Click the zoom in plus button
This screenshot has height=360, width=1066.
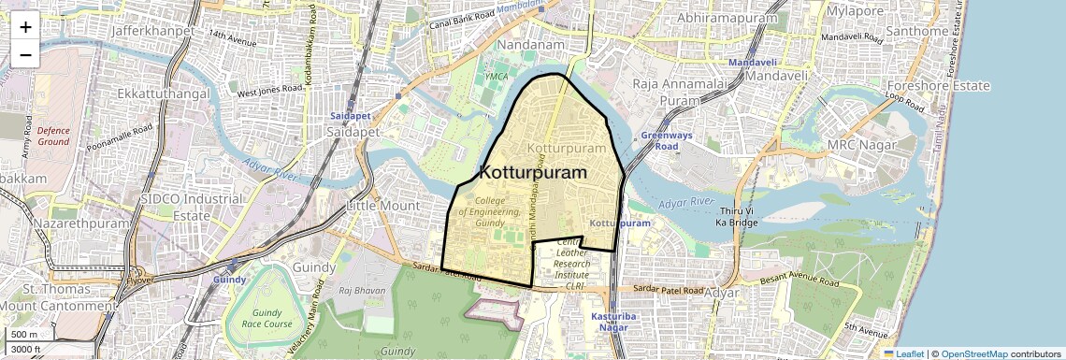[25, 26]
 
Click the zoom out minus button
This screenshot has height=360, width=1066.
[25, 54]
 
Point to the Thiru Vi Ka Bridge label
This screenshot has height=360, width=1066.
[735, 217]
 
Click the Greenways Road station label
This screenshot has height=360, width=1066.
[666, 141]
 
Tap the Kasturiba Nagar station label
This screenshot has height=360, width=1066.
[613, 323]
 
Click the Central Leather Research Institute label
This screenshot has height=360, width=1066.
[572, 264]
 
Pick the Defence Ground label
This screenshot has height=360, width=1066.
[53, 136]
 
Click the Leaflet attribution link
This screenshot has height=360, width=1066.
[903, 353]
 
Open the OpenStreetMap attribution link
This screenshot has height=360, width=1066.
[973, 353]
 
